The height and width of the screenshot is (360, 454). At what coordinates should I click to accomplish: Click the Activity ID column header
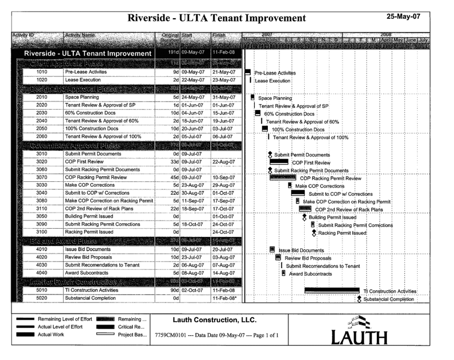(x=24, y=35)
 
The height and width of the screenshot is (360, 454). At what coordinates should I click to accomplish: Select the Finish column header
(x=220, y=35)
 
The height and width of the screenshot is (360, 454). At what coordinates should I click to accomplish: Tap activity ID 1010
(x=42, y=72)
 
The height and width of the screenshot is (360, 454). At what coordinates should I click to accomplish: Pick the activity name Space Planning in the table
(x=82, y=97)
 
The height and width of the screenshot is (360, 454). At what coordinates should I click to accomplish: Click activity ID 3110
(x=42, y=209)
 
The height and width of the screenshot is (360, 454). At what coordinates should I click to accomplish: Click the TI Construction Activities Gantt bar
(x=332, y=290)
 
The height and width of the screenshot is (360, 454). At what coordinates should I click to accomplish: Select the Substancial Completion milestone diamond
(x=359, y=299)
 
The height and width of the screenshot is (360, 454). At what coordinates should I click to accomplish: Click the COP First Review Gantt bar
(x=279, y=162)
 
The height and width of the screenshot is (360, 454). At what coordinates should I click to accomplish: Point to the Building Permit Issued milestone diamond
(x=304, y=217)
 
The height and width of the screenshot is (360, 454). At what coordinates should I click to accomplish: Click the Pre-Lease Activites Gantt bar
(x=248, y=72)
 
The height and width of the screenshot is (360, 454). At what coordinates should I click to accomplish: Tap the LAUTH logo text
(x=360, y=337)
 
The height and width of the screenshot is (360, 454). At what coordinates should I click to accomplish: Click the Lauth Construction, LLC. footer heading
(x=214, y=320)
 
